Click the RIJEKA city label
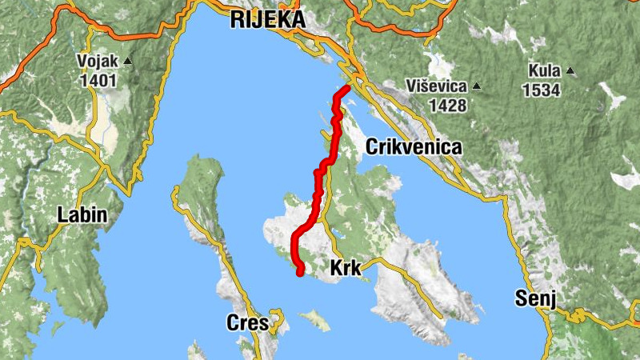(267, 20)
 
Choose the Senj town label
(534, 301)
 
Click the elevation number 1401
(98, 80)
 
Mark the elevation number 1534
(542, 89)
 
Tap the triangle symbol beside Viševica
(477, 86)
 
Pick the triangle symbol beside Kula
(570, 70)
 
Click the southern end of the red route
(301, 273)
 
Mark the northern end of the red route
(347, 87)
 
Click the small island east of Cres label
(315, 320)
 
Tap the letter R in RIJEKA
(236, 20)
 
